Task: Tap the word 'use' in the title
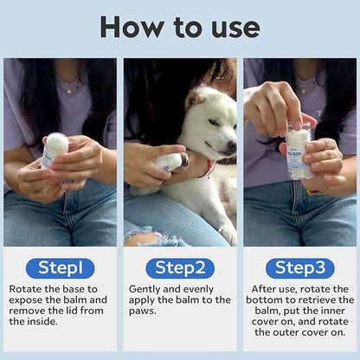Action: click(233, 27)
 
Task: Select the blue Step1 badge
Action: click(60, 268)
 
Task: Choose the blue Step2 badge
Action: click(179, 268)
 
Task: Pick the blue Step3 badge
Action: click(299, 268)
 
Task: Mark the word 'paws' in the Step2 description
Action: click(144, 312)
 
